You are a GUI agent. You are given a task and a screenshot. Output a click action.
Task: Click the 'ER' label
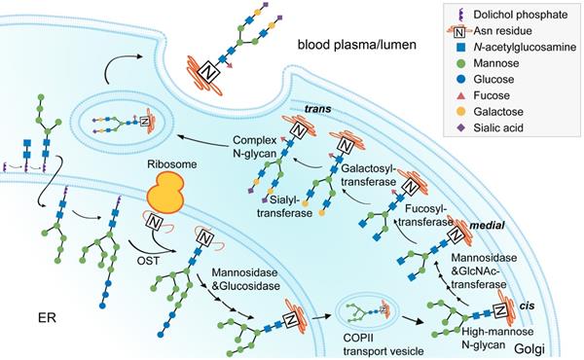38,317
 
